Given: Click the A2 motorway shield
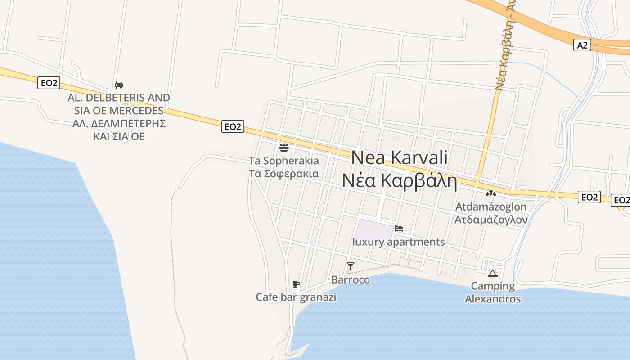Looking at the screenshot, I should click(582, 45).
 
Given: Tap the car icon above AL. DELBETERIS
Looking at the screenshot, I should click(119, 85).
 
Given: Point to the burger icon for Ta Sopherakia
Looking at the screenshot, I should click(283, 147).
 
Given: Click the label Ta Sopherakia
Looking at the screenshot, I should click(283, 161).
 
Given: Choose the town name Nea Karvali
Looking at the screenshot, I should click(399, 157).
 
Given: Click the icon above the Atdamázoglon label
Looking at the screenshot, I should click(490, 194).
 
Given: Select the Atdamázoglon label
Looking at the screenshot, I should click(490, 207).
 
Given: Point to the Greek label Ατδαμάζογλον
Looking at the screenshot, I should click(490, 220).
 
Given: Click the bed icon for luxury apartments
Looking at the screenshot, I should click(398, 229).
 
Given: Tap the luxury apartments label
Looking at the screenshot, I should click(399, 242).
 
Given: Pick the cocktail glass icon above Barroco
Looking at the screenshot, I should click(351, 266).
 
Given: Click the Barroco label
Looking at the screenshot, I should click(351, 280).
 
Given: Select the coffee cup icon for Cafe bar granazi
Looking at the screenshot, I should click(296, 284).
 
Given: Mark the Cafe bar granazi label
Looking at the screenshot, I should click(296, 297).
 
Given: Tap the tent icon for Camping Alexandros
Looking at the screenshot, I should click(492, 273).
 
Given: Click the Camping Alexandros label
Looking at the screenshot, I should click(493, 292).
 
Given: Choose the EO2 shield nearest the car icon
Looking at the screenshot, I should click(49, 83).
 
